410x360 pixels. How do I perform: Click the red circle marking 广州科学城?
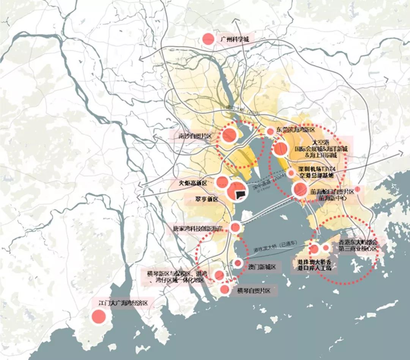[208, 39]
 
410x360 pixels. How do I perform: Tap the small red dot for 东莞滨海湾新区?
[270, 132]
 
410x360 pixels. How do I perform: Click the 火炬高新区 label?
[193, 183]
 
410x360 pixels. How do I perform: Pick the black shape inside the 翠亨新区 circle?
[240, 194]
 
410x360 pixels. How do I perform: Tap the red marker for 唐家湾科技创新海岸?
[235, 228]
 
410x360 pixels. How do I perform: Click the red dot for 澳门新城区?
[238, 263]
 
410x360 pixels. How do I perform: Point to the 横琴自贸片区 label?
[253, 291]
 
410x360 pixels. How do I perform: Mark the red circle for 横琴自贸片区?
[225, 290]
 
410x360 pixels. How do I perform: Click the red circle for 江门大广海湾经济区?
[98, 316]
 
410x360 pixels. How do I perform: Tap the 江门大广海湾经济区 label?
[122, 303]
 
